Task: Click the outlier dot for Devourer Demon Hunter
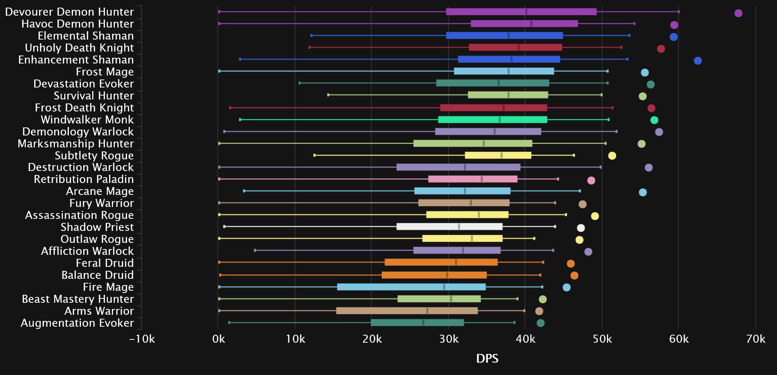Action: click(738, 13)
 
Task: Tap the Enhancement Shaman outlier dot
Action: click(697, 61)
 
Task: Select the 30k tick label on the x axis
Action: click(449, 339)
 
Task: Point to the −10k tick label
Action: click(142, 339)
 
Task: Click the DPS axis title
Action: click(487, 359)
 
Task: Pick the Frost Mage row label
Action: click(105, 72)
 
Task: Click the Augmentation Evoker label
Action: click(77, 323)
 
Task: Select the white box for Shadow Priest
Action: click(449, 227)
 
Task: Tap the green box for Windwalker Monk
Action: click(492, 119)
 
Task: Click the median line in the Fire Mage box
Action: click(444, 287)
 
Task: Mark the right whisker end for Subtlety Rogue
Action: click(574, 155)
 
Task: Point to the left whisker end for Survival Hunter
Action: click(328, 95)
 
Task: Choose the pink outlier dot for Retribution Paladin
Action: click(591, 180)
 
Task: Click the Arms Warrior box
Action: click(407, 311)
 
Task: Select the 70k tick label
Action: click(756, 339)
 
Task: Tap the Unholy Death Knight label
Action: click(79, 48)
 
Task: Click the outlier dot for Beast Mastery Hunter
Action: click(542, 299)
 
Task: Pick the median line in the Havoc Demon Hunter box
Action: click(531, 24)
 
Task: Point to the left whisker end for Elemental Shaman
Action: click(311, 36)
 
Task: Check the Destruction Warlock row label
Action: click(81, 167)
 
